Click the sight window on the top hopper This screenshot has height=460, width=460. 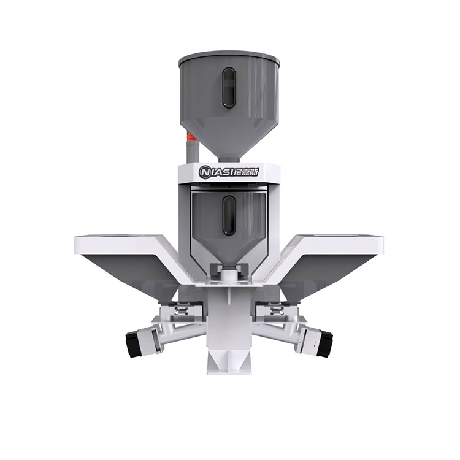228,88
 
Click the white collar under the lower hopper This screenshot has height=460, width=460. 229,271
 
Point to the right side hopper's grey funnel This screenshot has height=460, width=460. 331,270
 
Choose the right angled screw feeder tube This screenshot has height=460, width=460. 283,328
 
